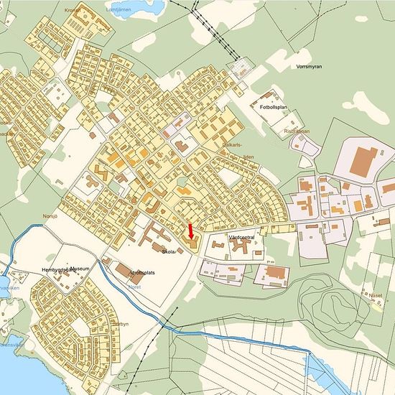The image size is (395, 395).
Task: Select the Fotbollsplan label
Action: pyautogui.click(x=274, y=107)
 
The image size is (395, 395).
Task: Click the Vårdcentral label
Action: pyautogui.click(x=242, y=236)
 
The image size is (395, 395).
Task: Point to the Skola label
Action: pyautogui.click(x=169, y=252)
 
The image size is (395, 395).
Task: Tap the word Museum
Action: pyautogui.click(x=80, y=269)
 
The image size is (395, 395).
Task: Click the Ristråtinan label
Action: pyautogui.click(x=297, y=131)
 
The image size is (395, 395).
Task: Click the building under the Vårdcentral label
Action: pyautogui.click(x=241, y=247)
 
